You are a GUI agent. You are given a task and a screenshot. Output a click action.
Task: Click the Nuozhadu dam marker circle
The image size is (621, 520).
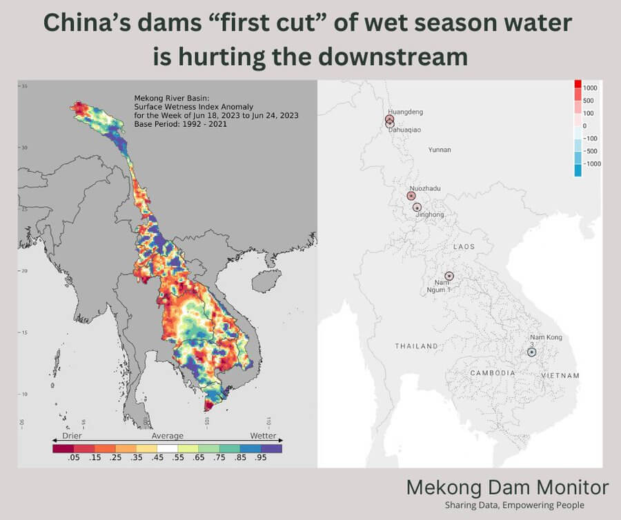coord(411,196)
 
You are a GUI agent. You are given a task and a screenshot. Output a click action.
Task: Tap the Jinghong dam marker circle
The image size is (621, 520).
coord(417,207)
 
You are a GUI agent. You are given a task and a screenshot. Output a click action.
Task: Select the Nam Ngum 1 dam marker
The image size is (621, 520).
coord(449,276)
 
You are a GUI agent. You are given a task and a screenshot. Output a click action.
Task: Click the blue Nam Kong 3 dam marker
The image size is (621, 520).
coord(532,352)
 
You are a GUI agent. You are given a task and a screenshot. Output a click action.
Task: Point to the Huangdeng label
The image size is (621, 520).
coord(406,112)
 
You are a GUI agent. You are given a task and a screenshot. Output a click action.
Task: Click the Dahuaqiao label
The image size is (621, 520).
coord(406,129)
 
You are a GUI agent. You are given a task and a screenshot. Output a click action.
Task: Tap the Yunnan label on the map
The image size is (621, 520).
coord(440,150)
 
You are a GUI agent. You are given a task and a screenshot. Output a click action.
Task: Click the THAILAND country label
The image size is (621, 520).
coord(416,346)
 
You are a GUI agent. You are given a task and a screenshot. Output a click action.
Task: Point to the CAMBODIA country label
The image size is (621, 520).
coord(493,372)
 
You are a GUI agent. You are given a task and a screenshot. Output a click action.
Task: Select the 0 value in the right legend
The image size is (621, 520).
coord(584,126)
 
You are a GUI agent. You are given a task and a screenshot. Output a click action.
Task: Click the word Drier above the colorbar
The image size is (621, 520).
coord(72,436)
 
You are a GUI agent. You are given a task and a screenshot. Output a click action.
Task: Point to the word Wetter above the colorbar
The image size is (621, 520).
coord(263,436)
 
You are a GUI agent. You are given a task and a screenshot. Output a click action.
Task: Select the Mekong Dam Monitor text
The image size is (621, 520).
coord(507,488)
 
